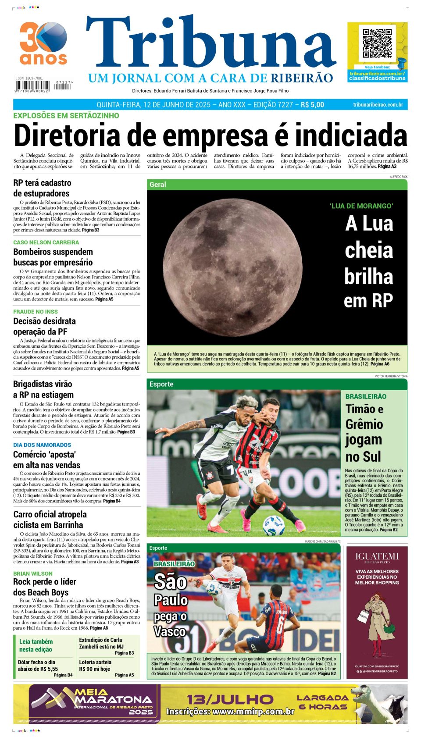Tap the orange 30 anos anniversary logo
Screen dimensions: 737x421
(43, 43)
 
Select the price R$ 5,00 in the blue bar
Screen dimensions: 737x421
(312, 105)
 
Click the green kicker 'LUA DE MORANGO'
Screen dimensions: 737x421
(361, 206)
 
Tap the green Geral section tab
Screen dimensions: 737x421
(158, 185)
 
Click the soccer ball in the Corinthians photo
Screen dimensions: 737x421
(274, 524)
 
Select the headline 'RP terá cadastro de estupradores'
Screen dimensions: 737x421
(42, 188)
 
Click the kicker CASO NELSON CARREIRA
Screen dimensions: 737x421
(46, 242)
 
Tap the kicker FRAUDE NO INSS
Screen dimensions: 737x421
(36, 312)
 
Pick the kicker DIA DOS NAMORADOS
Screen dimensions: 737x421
(42, 445)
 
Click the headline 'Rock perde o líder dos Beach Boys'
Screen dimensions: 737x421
(44, 587)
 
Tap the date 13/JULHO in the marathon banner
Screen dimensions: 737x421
(230, 699)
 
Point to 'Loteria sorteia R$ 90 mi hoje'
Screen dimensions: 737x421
(95, 666)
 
